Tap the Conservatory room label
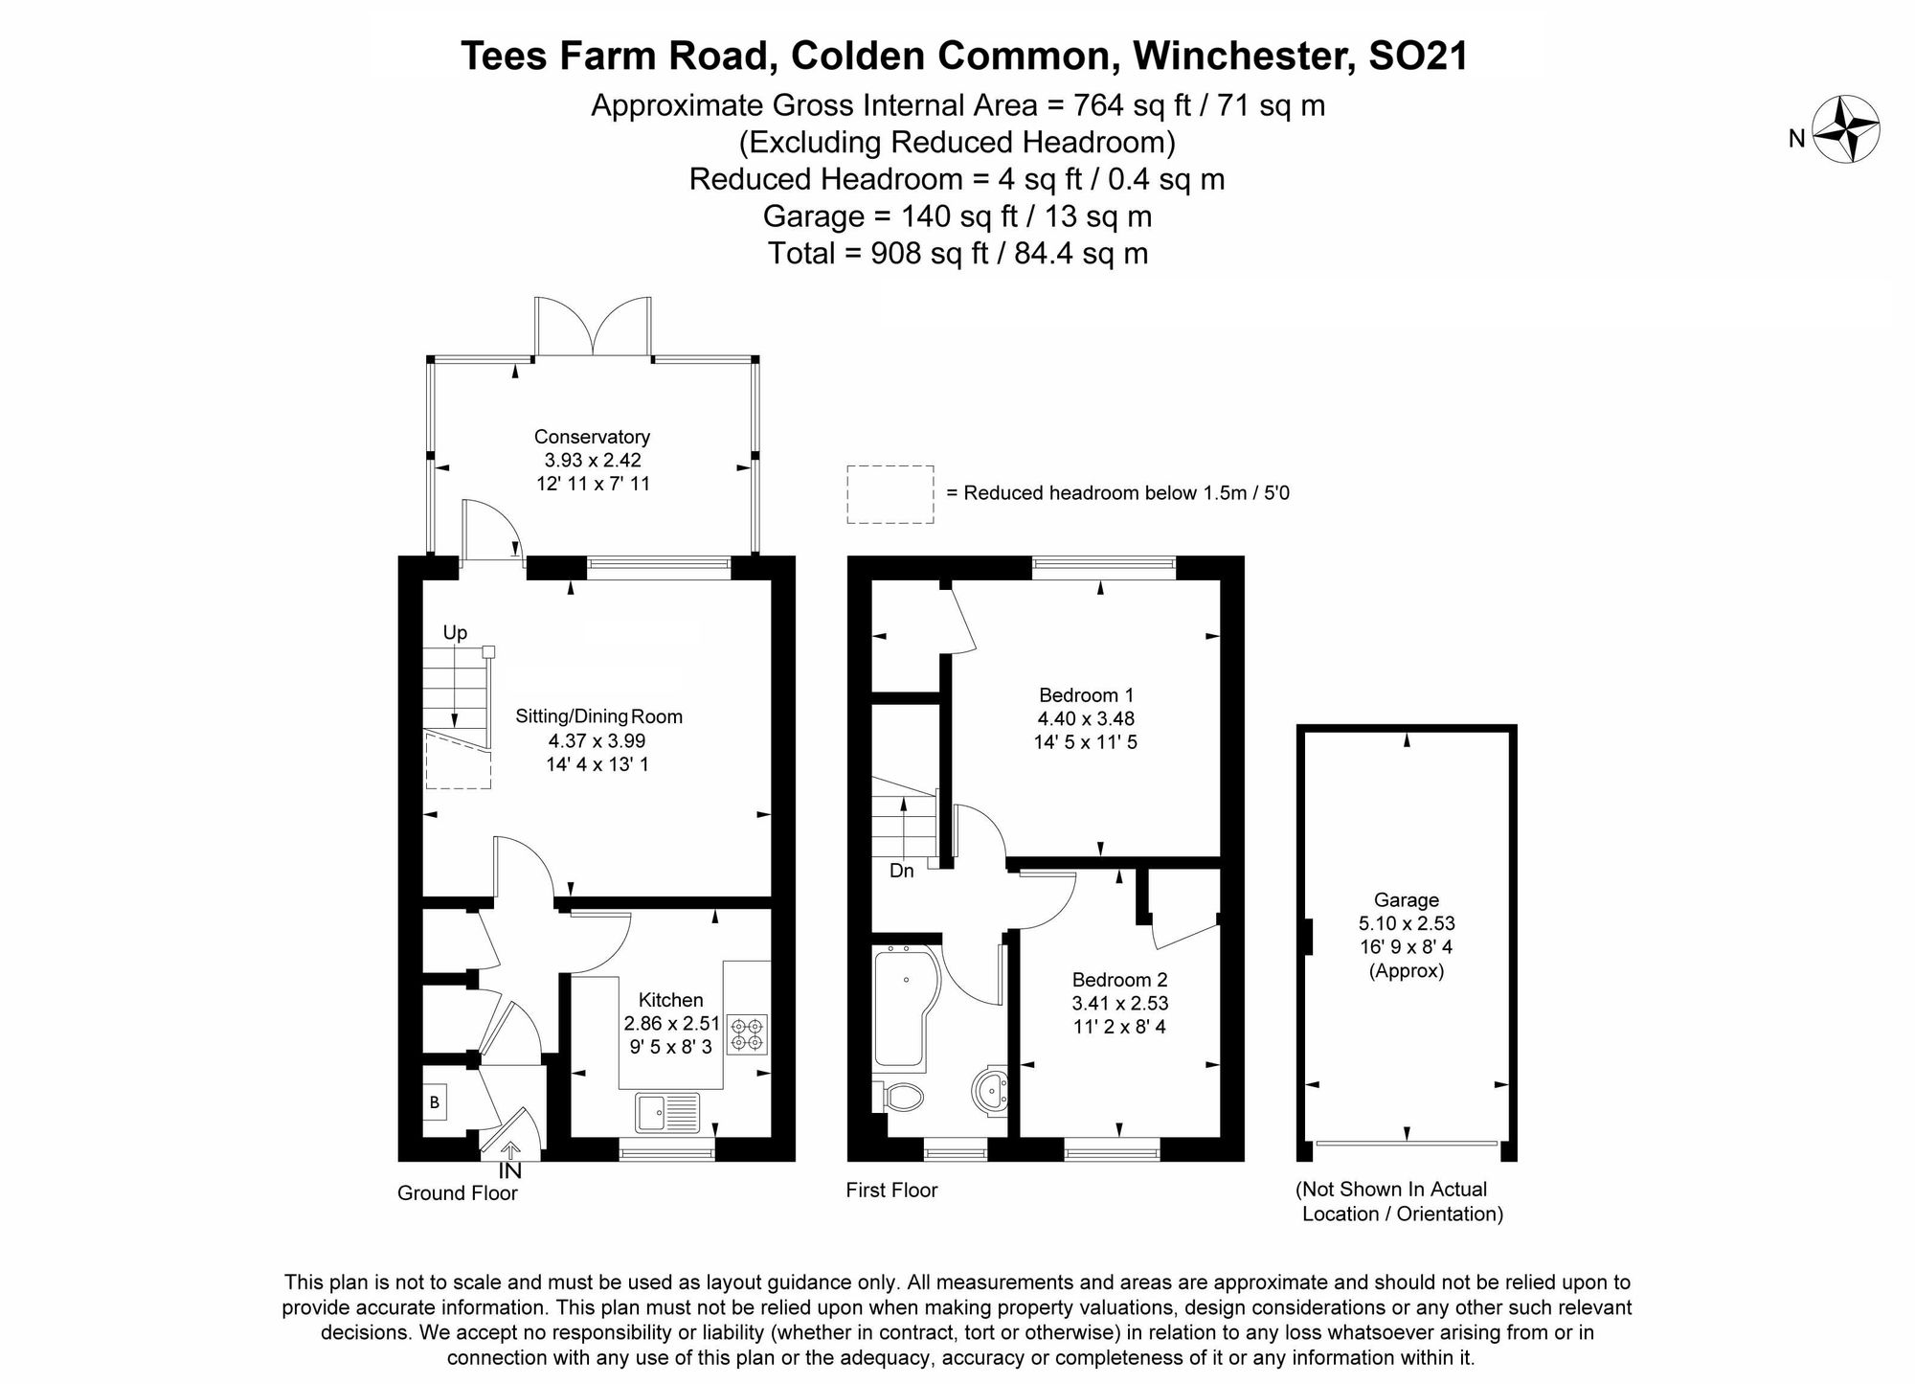(592, 437)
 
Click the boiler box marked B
(435, 1102)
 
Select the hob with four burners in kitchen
(747, 1034)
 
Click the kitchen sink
(668, 1112)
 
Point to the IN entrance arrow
(509, 1152)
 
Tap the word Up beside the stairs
(455, 633)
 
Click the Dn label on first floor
(901, 871)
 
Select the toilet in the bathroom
(899, 1097)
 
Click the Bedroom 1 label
(1086, 695)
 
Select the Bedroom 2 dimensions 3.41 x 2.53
(1120, 1004)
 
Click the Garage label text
(1406, 900)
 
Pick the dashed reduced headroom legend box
(890, 494)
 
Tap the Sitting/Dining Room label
(598, 716)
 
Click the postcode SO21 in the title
(1418, 56)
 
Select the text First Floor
(891, 1191)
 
